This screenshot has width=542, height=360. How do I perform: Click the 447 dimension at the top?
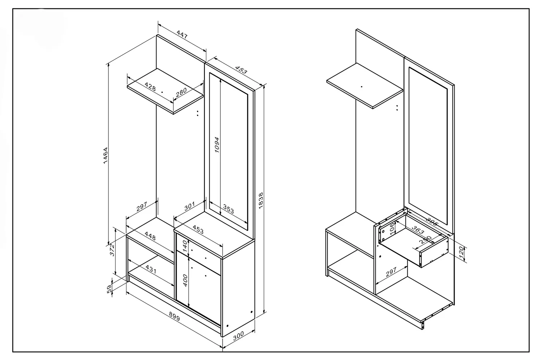tap(182, 35)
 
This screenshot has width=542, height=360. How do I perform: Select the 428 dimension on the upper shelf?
tap(150, 86)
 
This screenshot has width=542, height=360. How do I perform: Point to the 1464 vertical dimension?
tap(106, 155)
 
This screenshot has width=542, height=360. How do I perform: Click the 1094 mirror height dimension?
tap(217, 145)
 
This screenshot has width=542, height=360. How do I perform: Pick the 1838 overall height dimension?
tap(261, 200)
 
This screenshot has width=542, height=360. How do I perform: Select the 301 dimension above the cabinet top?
tap(189, 206)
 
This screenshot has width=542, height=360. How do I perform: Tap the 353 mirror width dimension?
tap(228, 209)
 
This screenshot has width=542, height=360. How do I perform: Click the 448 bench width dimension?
tap(150, 236)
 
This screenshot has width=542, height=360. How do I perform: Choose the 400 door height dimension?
tap(185, 280)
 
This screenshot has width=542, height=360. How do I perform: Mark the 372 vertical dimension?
tap(112, 250)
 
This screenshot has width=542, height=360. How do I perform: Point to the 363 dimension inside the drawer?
tap(418, 231)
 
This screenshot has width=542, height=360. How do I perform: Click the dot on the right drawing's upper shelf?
tap(362, 87)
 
